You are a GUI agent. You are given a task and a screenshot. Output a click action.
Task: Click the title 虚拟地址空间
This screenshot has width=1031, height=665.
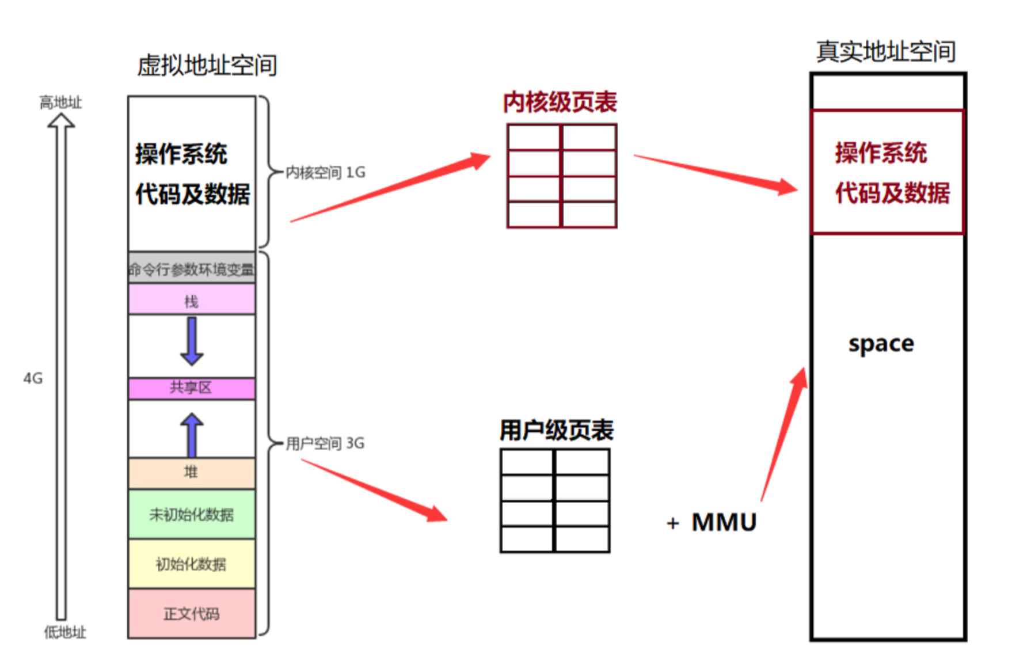click(207, 65)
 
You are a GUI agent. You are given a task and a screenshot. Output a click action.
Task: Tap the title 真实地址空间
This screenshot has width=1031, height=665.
click(886, 52)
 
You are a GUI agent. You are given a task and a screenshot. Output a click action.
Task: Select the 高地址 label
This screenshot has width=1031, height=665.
click(60, 102)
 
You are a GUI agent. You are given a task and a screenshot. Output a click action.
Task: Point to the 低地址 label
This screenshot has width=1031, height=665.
click(65, 632)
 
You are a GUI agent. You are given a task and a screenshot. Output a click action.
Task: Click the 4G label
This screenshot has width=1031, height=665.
click(33, 378)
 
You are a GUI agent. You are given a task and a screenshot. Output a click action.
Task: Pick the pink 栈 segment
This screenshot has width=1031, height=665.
click(192, 300)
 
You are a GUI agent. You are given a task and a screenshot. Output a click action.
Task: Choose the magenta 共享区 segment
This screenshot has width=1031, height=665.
click(192, 388)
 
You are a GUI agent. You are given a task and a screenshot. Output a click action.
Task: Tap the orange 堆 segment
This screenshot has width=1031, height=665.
click(192, 473)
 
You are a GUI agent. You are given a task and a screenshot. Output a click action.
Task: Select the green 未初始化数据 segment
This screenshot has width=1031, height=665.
click(192, 514)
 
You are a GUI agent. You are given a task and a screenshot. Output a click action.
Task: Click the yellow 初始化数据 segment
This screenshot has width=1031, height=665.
click(192, 564)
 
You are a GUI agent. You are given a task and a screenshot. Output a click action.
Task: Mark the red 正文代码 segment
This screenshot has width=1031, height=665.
click(192, 614)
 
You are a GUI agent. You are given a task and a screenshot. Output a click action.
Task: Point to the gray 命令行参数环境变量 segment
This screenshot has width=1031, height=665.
click(192, 268)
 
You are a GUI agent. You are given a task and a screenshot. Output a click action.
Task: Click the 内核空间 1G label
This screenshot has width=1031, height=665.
click(325, 172)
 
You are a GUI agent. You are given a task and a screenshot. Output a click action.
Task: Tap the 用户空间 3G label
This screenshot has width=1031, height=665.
click(325, 443)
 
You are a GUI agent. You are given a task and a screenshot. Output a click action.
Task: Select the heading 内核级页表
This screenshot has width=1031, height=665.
click(560, 102)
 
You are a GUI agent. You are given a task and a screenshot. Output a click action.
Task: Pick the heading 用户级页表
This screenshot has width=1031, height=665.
click(556, 430)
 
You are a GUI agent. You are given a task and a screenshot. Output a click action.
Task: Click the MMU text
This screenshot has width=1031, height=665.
click(724, 522)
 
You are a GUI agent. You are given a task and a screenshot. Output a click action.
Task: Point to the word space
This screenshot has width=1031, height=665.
click(881, 344)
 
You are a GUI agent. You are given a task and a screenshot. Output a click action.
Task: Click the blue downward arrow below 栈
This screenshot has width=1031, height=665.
click(192, 341)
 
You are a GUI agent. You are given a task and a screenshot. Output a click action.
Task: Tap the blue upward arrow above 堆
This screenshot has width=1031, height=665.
click(192, 435)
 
